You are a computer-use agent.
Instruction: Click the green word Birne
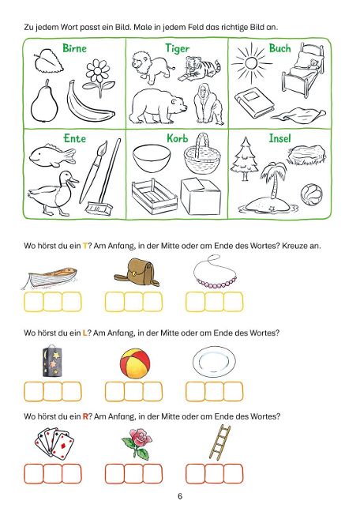74,48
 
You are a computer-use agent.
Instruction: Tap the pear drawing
44,102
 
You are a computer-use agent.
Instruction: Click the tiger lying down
198,69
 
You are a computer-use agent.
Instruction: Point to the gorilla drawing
208,104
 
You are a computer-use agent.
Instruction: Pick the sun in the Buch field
251,62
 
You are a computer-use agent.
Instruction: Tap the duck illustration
54,193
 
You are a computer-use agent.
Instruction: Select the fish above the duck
52,154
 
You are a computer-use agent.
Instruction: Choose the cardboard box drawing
201,196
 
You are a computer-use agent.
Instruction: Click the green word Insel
279,138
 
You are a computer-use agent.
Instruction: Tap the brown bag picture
137,273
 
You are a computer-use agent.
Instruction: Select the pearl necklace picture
215,272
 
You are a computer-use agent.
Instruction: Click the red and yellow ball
135,363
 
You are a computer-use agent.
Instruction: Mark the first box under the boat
33,302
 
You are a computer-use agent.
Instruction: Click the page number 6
180,496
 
